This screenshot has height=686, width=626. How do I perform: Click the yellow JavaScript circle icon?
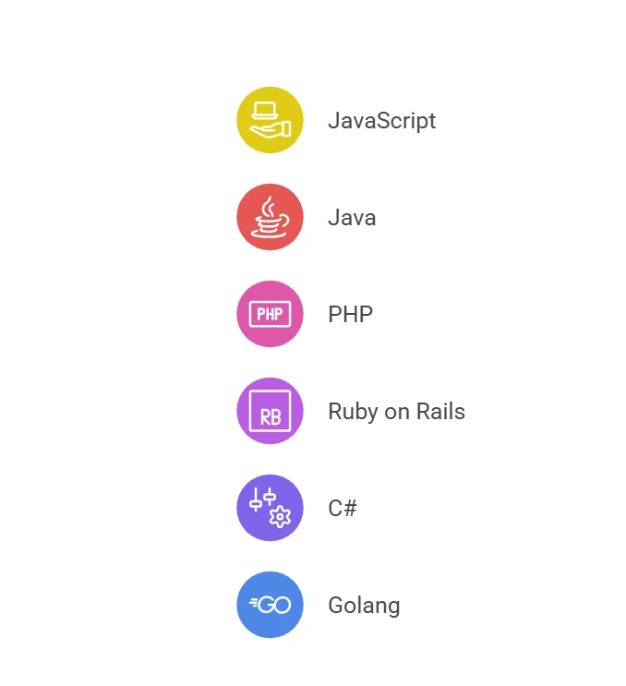[x=270, y=120]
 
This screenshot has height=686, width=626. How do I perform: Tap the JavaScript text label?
[x=382, y=121]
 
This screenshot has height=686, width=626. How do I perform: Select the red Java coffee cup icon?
[x=270, y=217]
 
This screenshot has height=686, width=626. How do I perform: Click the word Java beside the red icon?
[x=352, y=218]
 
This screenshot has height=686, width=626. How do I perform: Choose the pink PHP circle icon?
[x=270, y=314]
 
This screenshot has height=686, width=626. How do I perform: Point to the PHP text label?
[x=351, y=314]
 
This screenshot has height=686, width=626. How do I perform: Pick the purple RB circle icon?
[x=270, y=411]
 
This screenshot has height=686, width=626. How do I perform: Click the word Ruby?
[x=353, y=412]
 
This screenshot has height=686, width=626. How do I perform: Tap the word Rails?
[x=440, y=411]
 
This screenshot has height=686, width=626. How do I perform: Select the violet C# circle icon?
[x=270, y=508]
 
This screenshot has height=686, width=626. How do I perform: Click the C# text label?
[x=343, y=508]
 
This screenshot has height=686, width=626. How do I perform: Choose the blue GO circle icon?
[x=270, y=605]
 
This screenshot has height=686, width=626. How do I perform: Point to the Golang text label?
[x=364, y=606]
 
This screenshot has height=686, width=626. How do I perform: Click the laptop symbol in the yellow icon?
[x=265, y=110]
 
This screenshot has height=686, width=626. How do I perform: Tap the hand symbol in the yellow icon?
[x=270, y=130]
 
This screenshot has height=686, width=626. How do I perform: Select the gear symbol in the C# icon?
[x=280, y=517]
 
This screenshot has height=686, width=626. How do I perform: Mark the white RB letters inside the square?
[x=271, y=417]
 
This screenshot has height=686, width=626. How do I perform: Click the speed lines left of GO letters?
[x=254, y=602]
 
